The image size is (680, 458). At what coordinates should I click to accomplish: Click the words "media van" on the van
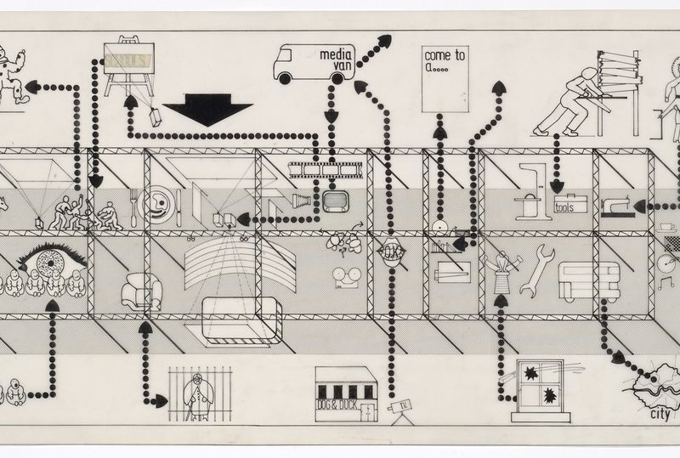336,60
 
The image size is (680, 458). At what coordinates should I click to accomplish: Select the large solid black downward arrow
207,110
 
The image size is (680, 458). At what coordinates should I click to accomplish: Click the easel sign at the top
127,59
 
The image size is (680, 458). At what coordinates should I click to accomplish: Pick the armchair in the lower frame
141,291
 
